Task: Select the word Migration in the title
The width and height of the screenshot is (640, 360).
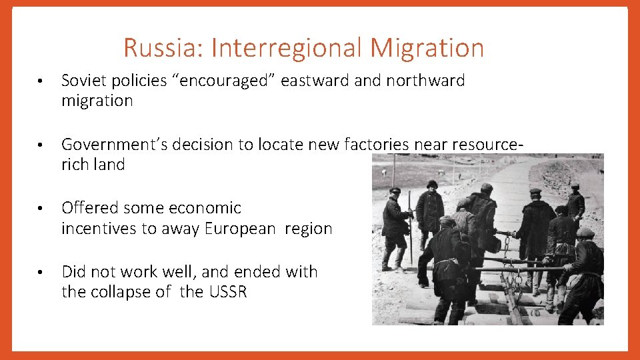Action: click(427, 48)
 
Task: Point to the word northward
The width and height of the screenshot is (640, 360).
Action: click(424, 81)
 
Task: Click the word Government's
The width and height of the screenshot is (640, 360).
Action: click(115, 145)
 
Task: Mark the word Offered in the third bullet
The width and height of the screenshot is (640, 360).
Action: click(89, 208)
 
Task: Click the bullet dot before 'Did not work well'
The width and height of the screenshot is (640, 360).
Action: click(40, 272)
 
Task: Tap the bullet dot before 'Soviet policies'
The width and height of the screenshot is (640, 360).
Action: click(40, 81)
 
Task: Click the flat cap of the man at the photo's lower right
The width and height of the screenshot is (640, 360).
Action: click(585, 233)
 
